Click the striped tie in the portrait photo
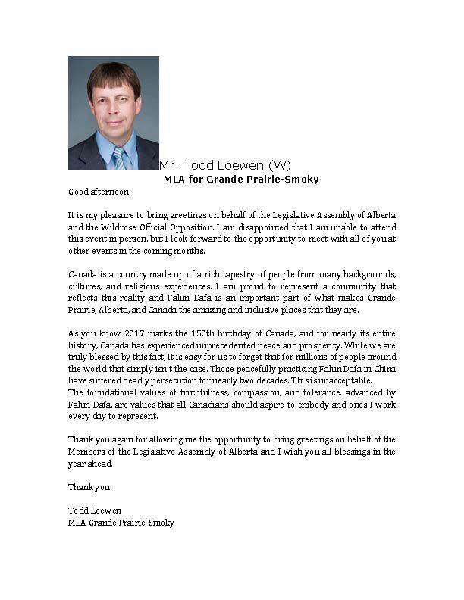pyautogui.click(x=118, y=158)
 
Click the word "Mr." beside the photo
pyautogui.click(x=169, y=165)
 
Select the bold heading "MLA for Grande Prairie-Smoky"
pyautogui.click(x=241, y=180)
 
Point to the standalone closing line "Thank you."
pyautogui.click(x=89, y=486)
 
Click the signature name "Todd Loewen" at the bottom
pyautogui.click(x=95, y=510)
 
